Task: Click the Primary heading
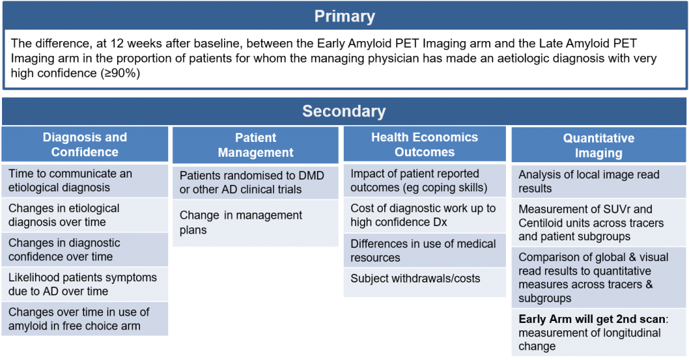click(x=344, y=16)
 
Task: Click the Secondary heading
click(x=344, y=111)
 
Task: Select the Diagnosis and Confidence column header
click(x=85, y=144)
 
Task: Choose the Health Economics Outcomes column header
click(x=425, y=144)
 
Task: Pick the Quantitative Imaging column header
click(x=598, y=145)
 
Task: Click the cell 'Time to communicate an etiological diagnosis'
click(x=85, y=180)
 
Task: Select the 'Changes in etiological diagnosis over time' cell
click(x=85, y=215)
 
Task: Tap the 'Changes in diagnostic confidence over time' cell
click(x=85, y=250)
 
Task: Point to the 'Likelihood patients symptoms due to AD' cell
click(x=85, y=285)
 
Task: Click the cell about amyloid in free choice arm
click(x=85, y=319)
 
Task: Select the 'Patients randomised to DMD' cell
click(x=256, y=182)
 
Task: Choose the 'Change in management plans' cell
click(x=256, y=223)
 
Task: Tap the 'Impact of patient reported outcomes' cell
click(x=425, y=180)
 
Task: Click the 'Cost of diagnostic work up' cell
click(x=425, y=215)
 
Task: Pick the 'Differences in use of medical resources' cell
click(x=425, y=250)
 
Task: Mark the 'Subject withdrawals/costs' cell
click(x=425, y=283)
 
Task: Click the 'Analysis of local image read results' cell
click(x=598, y=182)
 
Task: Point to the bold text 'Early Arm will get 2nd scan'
click(x=592, y=319)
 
